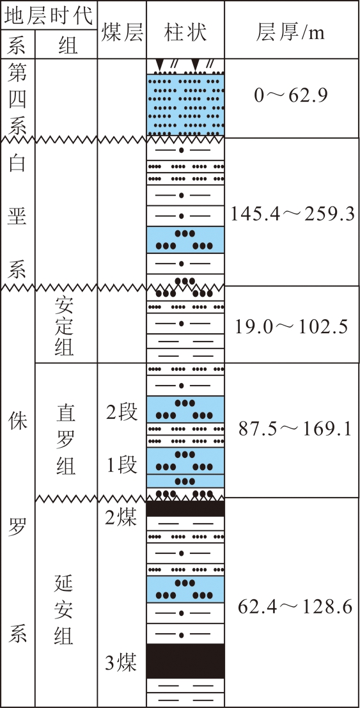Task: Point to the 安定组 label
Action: tap(66, 327)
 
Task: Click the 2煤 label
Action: tap(121, 517)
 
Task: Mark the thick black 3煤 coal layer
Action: tap(185, 661)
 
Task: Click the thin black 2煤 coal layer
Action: tap(185, 509)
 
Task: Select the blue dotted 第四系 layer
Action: tap(185, 105)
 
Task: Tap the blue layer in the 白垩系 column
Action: tap(185, 240)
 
